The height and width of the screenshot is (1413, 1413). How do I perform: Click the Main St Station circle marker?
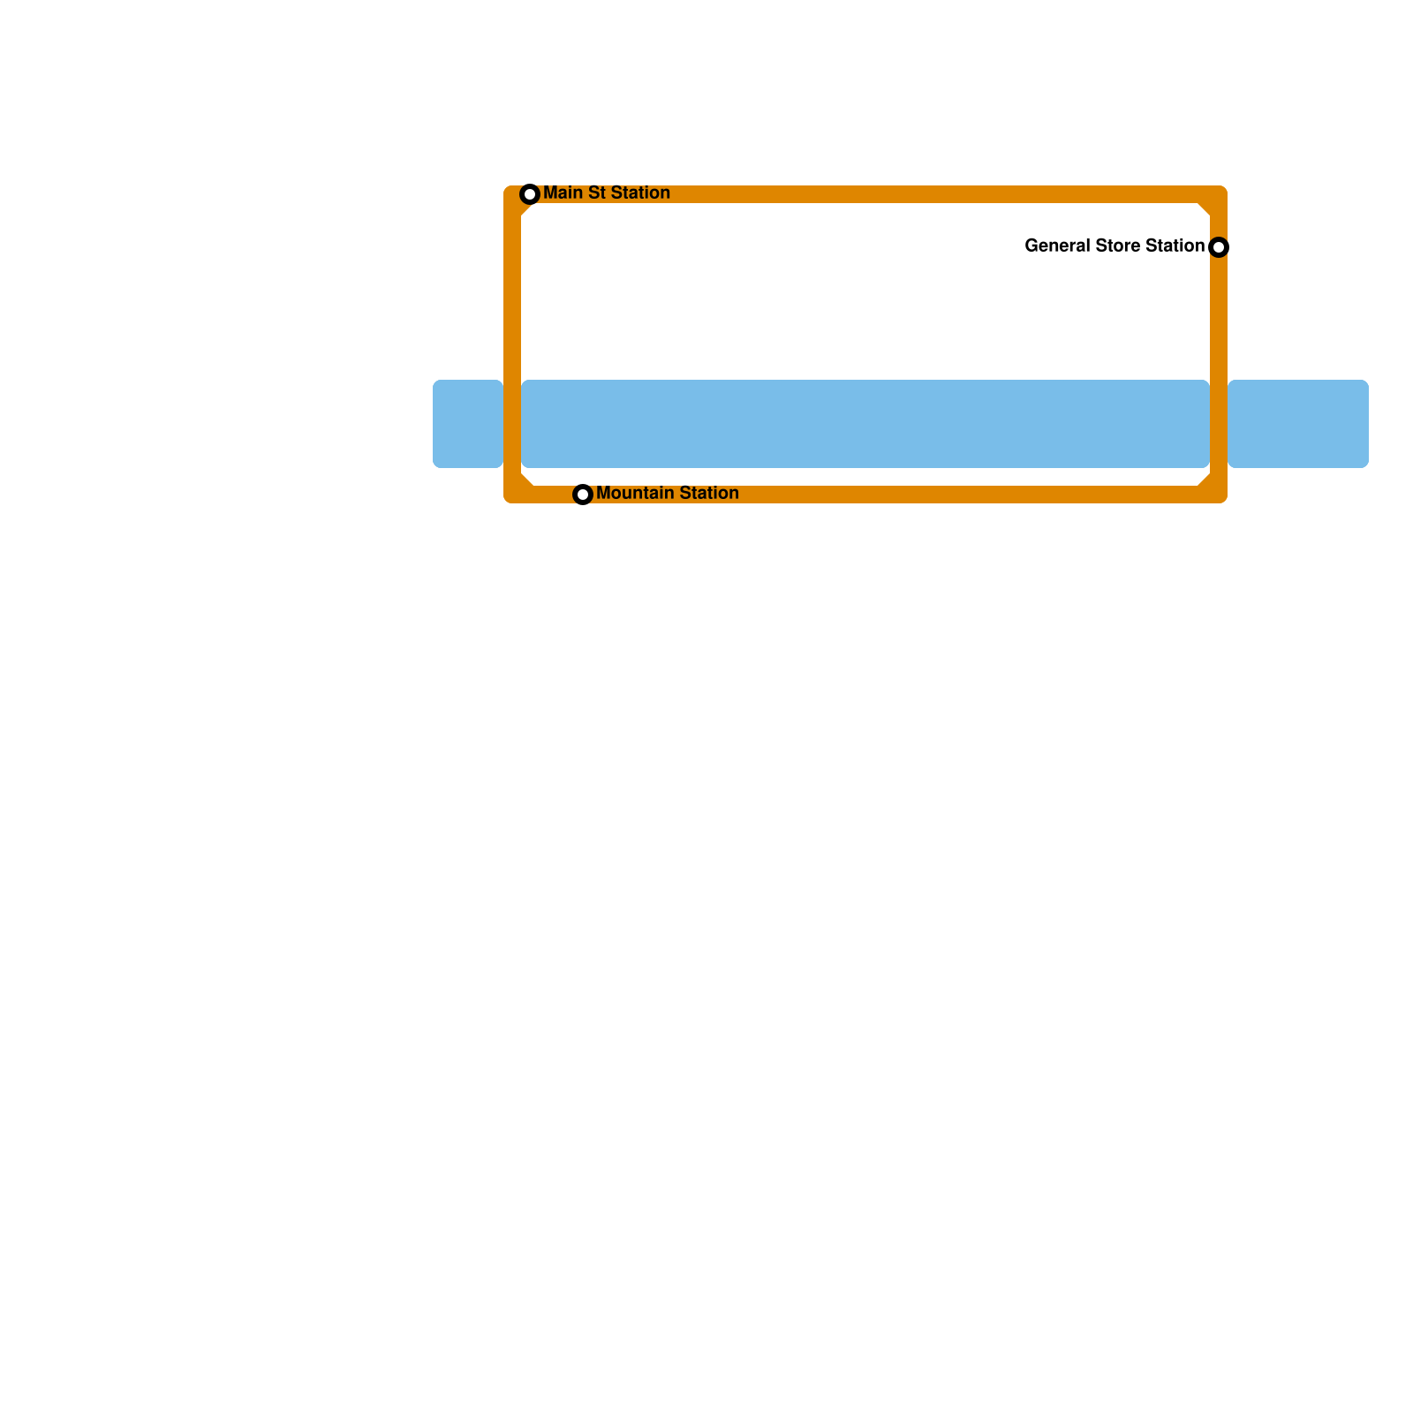(530, 194)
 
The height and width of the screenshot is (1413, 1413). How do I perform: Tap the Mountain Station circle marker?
(583, 495)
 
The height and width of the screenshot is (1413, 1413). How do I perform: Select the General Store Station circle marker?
(1219, 247)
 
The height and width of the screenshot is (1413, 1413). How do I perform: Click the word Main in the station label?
(561, 193)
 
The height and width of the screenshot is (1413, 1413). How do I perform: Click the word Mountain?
(631, 493)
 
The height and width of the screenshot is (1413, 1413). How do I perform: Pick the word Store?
(1118, 246)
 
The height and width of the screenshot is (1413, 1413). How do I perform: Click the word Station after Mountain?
(706, 493)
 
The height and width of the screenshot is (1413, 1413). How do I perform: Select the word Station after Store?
(1175, 246)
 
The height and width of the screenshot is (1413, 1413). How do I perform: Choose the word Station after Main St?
(637, 193)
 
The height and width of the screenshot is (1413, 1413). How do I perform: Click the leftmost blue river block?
(468, 424)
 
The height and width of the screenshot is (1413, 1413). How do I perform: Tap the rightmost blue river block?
(1298, 424)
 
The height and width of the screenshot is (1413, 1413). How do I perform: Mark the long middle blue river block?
(865, 424)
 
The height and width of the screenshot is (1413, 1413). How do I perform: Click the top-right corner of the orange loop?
(1219, 194)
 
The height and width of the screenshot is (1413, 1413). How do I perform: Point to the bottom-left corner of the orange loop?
(512, 495)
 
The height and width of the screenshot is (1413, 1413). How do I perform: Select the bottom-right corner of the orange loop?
(1219, 495)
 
